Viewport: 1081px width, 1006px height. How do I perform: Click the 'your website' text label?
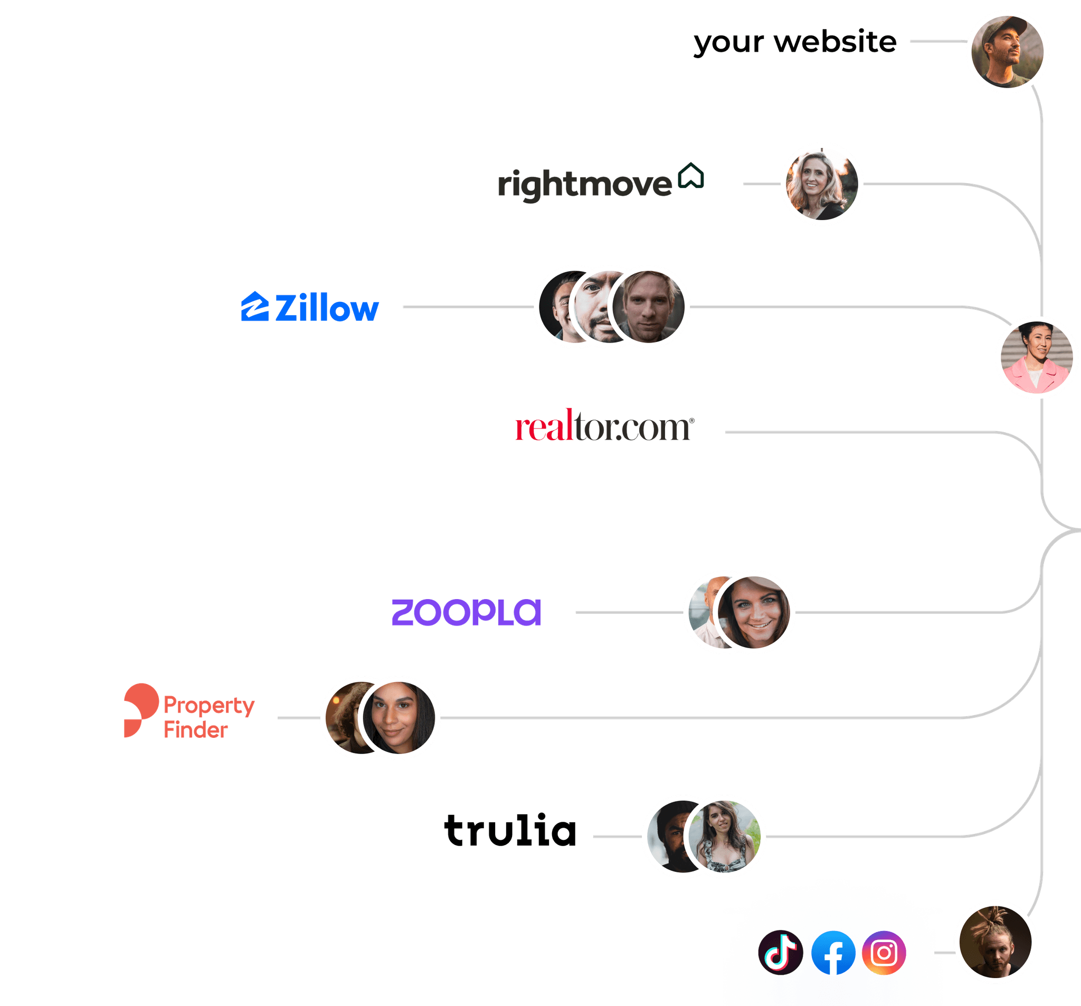click(794, 42)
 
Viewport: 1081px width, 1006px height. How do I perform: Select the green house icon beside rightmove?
click(691, 176)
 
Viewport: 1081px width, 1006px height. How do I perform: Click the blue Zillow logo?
click(309, 307)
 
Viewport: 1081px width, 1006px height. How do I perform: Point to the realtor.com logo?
click(604, 427)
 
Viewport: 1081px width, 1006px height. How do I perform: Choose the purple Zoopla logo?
click(466, 612)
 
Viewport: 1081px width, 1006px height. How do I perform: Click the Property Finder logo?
click(188, 711)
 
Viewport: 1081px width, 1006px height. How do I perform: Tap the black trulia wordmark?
click(510, 830)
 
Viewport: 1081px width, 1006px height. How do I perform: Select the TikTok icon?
click(780, 952)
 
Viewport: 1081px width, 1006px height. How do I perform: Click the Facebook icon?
click(832, 953)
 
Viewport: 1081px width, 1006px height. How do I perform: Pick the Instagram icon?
click(884, 952)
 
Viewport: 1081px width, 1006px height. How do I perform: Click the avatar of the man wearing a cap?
click(1007, 52)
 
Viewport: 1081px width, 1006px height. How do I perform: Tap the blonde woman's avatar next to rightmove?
click(821, 184)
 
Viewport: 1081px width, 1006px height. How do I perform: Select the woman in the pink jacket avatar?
click(1037, 357)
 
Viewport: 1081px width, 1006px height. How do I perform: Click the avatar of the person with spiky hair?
click(995, 942)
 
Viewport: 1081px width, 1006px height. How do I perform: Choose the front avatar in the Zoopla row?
click(754, 612)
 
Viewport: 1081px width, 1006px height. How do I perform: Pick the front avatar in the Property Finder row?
click(399, 718)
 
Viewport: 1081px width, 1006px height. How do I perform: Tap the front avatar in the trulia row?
click(724, 836)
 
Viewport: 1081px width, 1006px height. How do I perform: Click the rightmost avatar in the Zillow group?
click(649, 307)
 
